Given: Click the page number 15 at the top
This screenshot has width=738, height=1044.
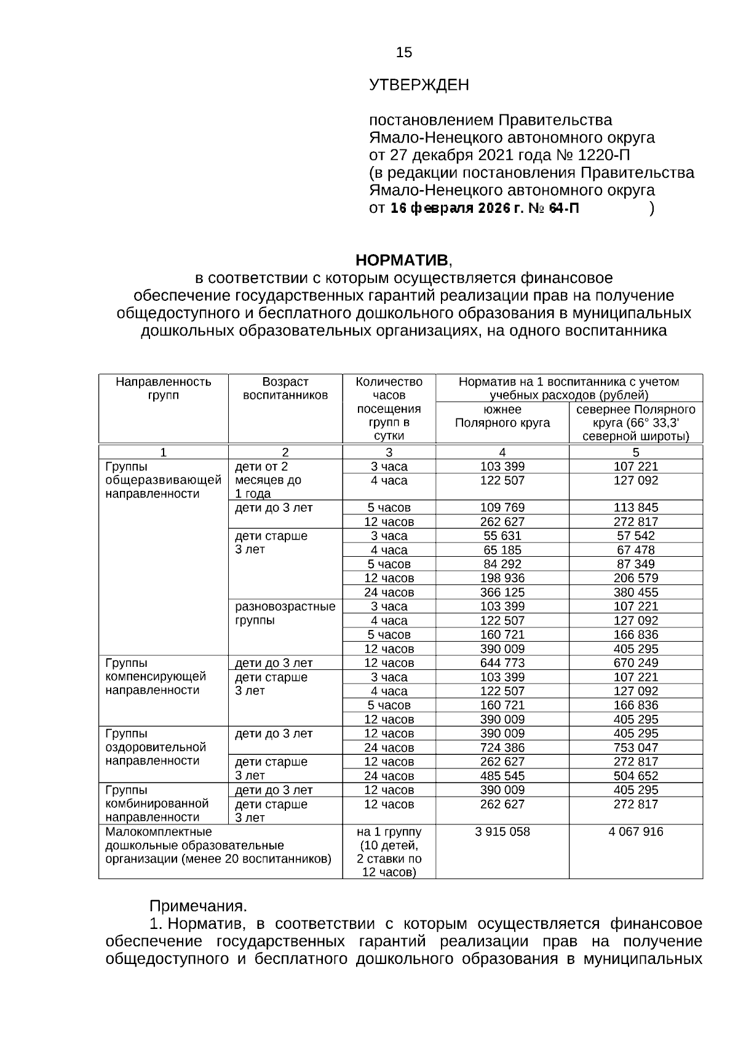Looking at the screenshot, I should [x=404, y=53].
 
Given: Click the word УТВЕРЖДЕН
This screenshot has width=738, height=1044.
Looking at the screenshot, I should [x=419, y=85].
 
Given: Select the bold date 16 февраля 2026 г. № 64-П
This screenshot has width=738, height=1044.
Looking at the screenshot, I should [x=485, y=209].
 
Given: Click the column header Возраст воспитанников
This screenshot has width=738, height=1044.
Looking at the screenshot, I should [x=285, y=388].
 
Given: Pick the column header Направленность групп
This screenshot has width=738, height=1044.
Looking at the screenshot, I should [x=164, y=388].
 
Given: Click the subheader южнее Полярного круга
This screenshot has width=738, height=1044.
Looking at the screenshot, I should [x=502, y=416].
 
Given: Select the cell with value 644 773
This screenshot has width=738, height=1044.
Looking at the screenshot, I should [x=502, y=663].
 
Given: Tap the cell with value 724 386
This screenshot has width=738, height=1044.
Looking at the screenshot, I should [x=502, y=748].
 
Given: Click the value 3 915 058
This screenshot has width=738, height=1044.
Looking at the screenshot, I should [x=502, y=832].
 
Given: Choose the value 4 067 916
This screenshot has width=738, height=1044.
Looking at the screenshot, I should [x=636, y=832].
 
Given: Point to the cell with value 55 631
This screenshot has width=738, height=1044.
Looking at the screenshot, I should [x=502, y=536].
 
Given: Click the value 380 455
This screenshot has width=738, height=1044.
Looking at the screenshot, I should [x=636, y=592].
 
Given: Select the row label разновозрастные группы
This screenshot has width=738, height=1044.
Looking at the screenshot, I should [x=285, y=613].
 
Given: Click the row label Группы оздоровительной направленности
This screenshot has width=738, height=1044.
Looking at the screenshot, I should [x=156, y=747].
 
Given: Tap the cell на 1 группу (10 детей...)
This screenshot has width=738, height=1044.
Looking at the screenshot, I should [x=389, y=852].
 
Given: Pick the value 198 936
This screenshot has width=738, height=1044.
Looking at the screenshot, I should [x=502, y=578].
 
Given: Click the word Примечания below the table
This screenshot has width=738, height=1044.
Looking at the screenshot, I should [x=198, y=906].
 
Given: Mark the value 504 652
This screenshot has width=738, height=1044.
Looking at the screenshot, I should [x=636, y=776].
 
